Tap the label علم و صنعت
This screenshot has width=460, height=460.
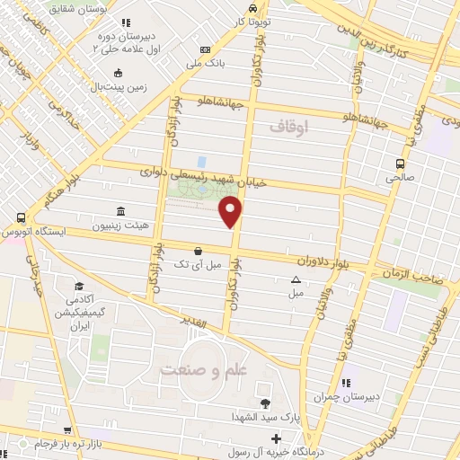(202, 369)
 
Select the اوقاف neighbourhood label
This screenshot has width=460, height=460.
(288, 128)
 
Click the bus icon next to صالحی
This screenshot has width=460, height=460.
(400, 164)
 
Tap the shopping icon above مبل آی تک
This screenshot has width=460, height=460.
(198, 252)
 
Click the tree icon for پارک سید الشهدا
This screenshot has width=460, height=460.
(264, 403)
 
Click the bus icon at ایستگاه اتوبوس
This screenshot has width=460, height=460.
(20, 217)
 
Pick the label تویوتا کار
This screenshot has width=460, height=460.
(252, 20)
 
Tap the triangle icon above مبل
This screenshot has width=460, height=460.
(296, 279)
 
